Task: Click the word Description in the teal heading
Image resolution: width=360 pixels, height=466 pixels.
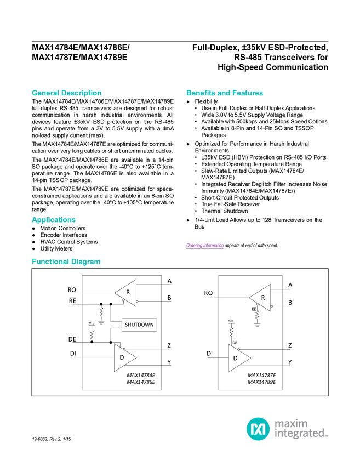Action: point(82,93)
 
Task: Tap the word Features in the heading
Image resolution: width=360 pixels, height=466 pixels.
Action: point(249,93)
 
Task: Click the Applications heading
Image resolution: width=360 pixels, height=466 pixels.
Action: point(53,220)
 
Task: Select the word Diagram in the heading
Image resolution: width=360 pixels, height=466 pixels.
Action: point(87,262)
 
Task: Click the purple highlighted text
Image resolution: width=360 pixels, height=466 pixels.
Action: point(204,246)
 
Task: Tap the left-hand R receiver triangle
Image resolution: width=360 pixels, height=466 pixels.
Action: point(128,293)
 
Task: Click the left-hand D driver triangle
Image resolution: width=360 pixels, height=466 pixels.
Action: point(122,357)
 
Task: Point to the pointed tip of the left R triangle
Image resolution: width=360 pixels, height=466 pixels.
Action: point(115,293)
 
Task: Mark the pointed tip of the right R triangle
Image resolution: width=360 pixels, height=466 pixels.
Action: point(250,298)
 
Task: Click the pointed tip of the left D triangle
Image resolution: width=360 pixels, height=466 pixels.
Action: point(136,357)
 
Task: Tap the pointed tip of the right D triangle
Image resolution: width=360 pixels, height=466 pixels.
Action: point(250,358)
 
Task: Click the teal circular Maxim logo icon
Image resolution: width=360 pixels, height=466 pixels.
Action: point(258,428)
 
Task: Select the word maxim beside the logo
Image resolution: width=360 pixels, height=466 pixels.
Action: point(291,423)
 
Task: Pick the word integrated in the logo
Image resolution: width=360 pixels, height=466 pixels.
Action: point(300,434)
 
